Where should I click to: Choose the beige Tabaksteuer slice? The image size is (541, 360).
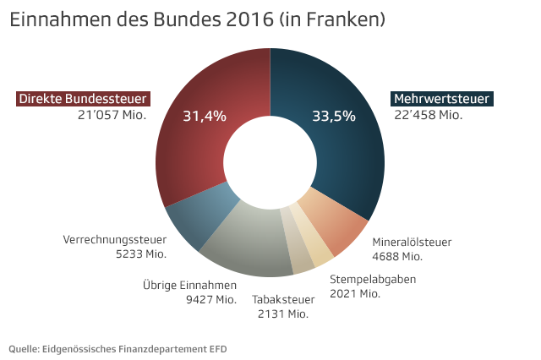tap(301, 257)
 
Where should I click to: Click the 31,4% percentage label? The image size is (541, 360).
tap(205, 117)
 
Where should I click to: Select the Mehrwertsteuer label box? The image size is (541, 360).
tap(441, 99)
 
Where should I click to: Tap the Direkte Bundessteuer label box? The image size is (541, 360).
tap(84, 99)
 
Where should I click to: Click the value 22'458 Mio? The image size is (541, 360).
tap(428, 114)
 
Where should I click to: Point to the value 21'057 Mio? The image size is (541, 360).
tap(112, 114)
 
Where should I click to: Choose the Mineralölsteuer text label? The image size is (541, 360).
tap(412, 242)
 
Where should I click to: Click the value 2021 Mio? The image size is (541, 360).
tap(354, 293)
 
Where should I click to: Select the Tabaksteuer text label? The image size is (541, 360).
tap(283, 299)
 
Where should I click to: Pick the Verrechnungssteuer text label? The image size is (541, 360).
tap(115, 240)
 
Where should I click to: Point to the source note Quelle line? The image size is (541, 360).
tap(117, 348)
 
